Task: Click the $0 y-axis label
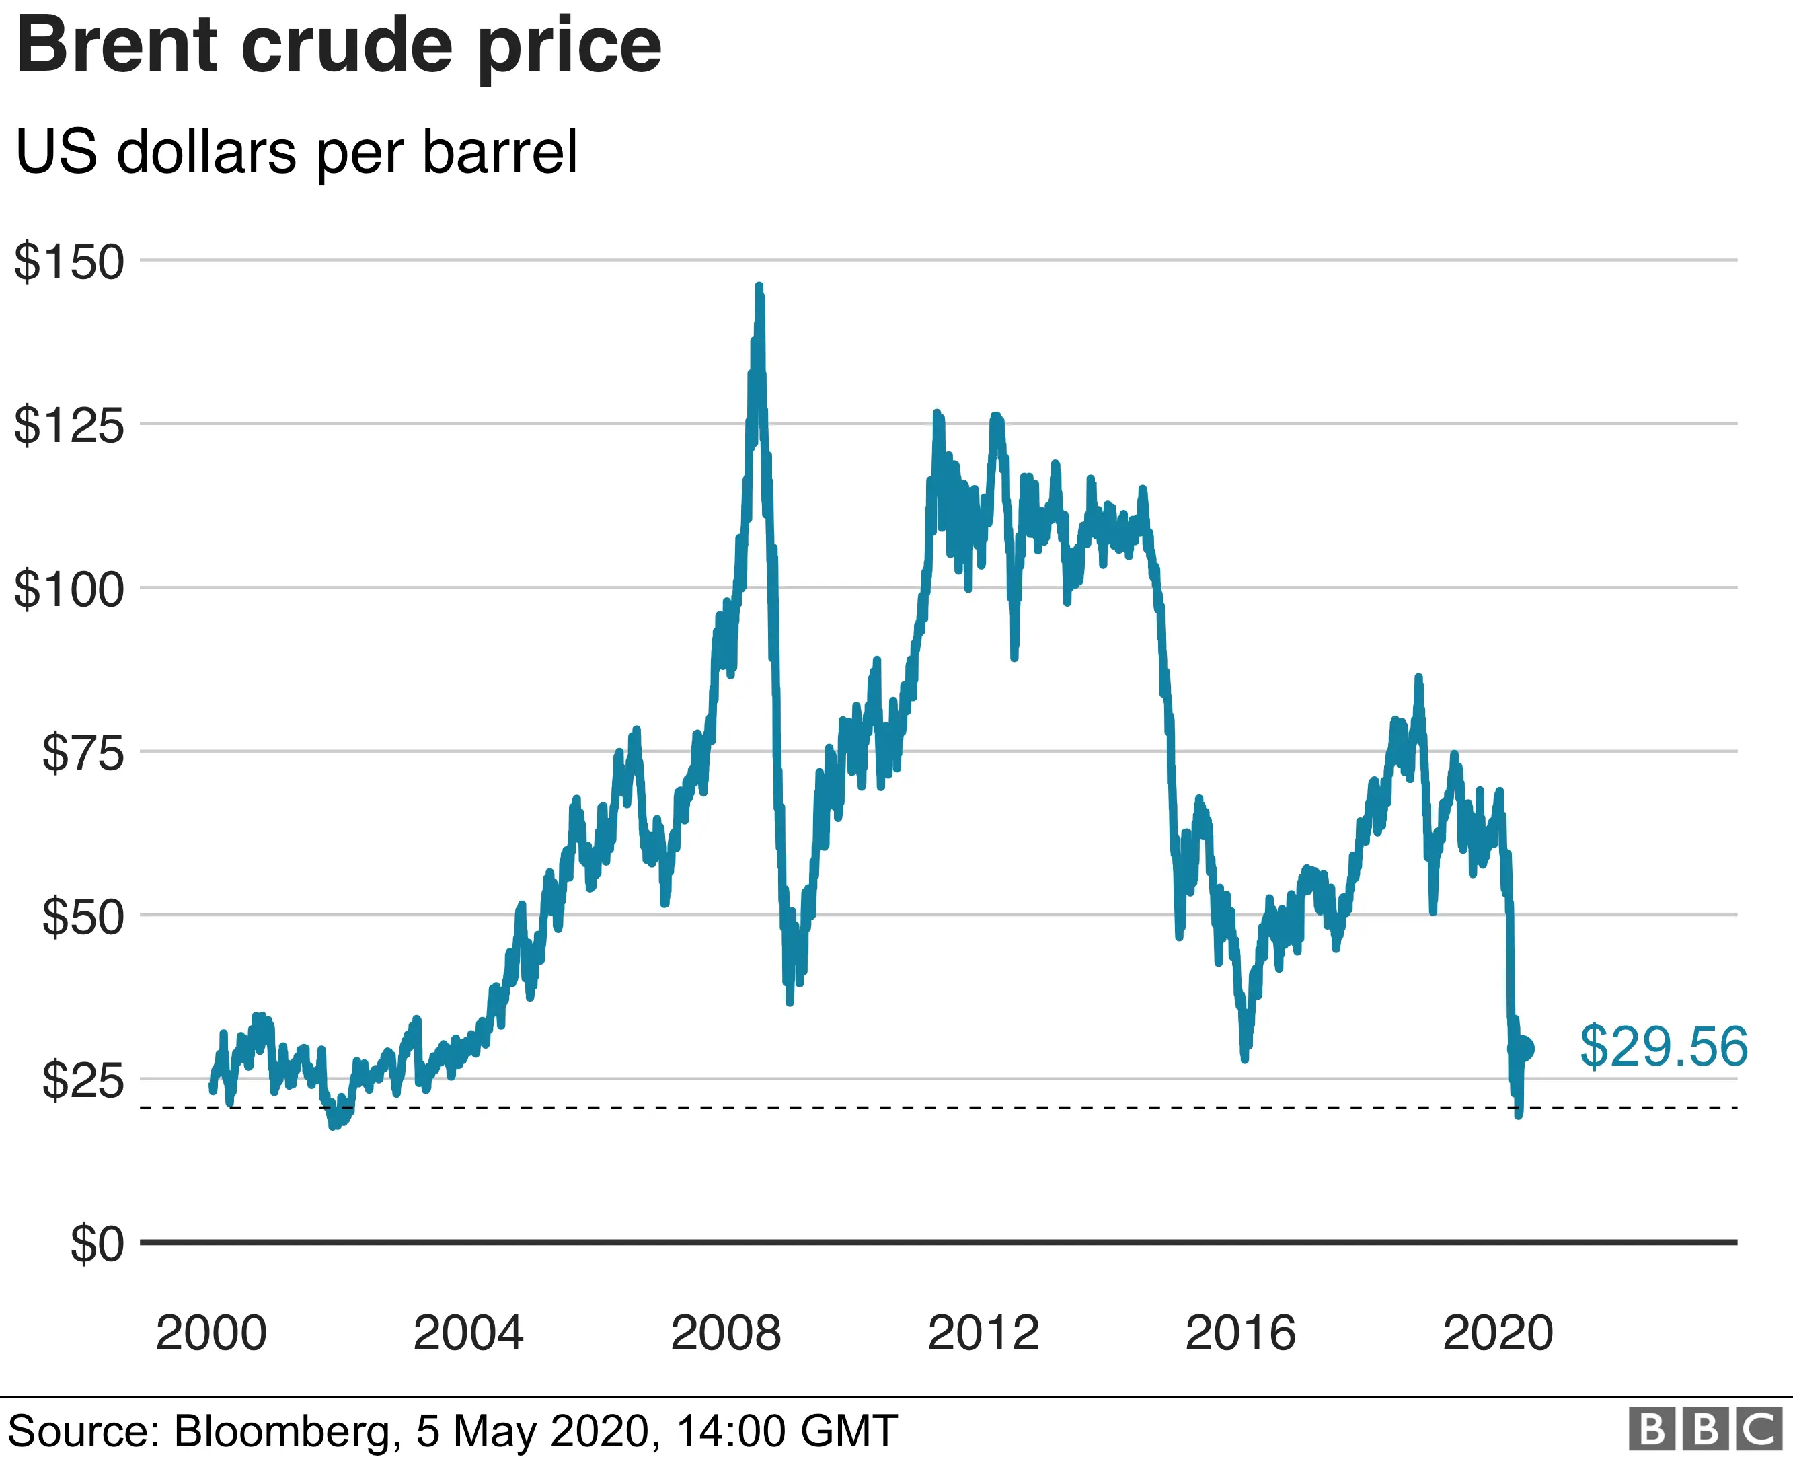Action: coord(98,1244)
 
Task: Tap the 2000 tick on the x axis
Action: coord(211,1333)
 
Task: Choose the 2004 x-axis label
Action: coord(468,1333)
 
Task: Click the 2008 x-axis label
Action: coord(726,1333)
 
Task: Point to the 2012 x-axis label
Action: coord(983,1333)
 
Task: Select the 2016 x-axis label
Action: coord(1240,1333)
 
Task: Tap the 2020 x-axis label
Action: coord(1498,1333)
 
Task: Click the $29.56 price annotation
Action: coord(1664,1047)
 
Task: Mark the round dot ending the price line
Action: coord(1524,1048)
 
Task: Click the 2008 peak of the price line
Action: coord(759,288)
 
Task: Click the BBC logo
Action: coord(1705,1429)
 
